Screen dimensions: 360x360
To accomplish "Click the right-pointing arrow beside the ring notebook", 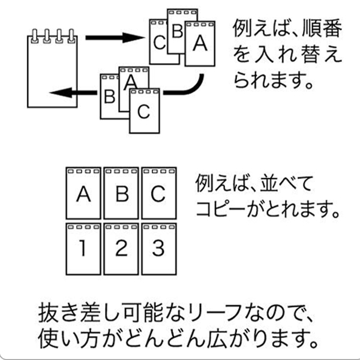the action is coord(115,38).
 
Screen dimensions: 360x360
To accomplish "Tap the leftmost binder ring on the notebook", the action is coord(35,36).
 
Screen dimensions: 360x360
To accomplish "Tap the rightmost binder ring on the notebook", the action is coord(71,36).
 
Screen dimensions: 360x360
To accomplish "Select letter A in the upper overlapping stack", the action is coord(200,43).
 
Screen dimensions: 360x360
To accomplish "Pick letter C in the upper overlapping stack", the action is coord(160,43).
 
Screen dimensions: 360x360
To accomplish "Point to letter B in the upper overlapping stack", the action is coord(178,31).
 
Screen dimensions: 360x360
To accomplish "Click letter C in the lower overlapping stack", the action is coord(144,112).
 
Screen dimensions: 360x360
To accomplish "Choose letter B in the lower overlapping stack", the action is coord(110,97).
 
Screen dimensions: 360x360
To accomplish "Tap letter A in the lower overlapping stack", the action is coord(130,82).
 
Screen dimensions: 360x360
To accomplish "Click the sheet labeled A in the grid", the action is coord(83,193).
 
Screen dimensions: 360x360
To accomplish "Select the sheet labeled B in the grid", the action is coord(121,193).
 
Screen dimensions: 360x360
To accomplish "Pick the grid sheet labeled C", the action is coord(159,193).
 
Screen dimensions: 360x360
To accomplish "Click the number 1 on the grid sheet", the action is coord(83,248).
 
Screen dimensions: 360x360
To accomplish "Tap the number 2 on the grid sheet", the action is coord(121,248).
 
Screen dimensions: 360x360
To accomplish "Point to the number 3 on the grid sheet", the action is coord(158,248).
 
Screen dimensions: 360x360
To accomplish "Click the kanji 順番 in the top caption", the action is coord(322,28).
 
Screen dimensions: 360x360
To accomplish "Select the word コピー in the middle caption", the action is coord(220,209).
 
